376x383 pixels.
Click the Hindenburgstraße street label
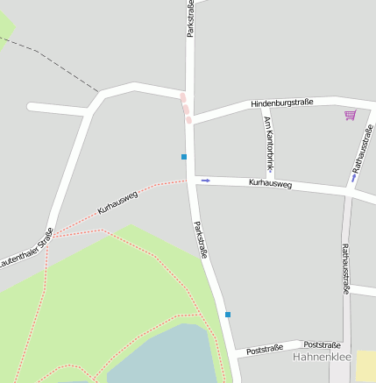(281, 103)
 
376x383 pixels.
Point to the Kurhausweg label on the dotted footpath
(117, 202)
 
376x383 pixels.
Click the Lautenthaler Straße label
(25, 248)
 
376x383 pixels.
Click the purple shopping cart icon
(351, 115)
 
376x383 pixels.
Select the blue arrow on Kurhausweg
(206, 181)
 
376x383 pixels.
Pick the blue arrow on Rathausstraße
(354, 178)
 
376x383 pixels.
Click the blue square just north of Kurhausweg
(184, 157)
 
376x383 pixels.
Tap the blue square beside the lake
(228, 314)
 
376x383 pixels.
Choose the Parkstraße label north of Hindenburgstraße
(190, 18)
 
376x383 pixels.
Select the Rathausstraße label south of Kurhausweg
(344, 268)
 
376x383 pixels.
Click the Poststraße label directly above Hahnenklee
(322, 345)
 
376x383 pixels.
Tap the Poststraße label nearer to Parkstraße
(265, 349)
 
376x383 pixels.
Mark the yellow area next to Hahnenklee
(366, 365)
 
